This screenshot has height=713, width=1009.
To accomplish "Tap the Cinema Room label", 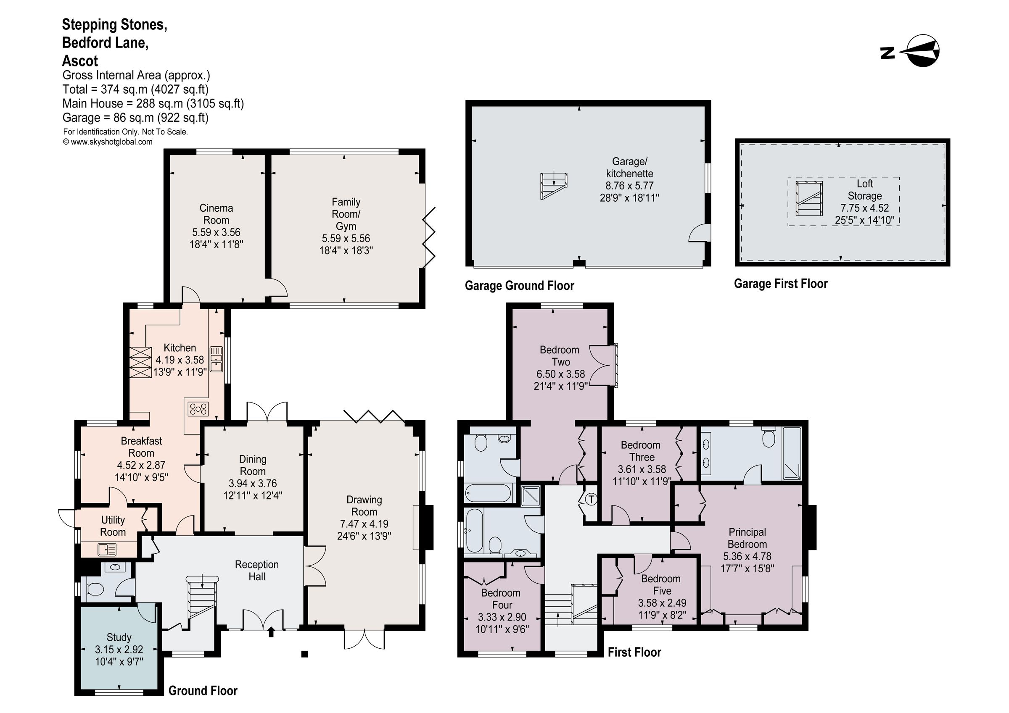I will coord(216,214).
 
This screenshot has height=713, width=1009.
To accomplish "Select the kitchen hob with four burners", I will coord(198,409).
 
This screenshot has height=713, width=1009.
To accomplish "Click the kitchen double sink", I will coord(216,359).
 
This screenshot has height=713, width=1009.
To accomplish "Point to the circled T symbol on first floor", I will coord(592,500).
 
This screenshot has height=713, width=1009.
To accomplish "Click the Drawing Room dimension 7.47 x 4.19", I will coord(364,524).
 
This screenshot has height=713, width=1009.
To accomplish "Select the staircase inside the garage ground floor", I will coord(554,185).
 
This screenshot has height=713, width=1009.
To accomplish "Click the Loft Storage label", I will coord(864,190).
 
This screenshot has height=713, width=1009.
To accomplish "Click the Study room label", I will coord(119,637).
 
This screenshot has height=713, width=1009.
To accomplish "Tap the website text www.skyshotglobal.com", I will coord(108,142).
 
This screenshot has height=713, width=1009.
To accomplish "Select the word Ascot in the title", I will coord(80,61).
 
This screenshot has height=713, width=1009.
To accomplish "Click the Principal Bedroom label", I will coord(747,538).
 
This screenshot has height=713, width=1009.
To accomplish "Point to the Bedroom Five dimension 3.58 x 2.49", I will coord(662,603).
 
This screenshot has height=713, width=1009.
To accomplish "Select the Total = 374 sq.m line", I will coord(135,89).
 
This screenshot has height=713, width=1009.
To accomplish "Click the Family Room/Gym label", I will coord(346,214).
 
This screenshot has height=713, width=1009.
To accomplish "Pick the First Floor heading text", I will coord(634,652).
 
